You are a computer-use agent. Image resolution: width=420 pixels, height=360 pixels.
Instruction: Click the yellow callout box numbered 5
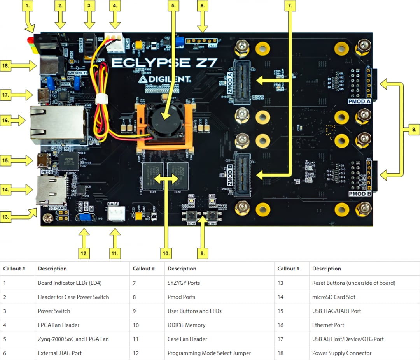coord(173,6)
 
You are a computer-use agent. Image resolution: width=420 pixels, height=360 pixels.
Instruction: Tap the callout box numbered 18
coord(5,66)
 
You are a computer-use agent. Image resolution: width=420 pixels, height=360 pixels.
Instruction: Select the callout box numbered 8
coord(414,130)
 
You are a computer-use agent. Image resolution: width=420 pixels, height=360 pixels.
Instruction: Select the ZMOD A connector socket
coord(241,83)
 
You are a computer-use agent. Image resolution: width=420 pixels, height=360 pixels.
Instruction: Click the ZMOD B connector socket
coord(241,175)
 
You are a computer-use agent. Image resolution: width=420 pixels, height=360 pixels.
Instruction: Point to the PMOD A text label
coord(359,102)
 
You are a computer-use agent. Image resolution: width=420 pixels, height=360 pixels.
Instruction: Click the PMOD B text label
coord(359,194)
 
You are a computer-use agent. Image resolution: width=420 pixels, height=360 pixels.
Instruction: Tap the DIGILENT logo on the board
coord(165,79)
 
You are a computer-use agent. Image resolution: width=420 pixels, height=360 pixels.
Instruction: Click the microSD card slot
coord(51,190)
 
